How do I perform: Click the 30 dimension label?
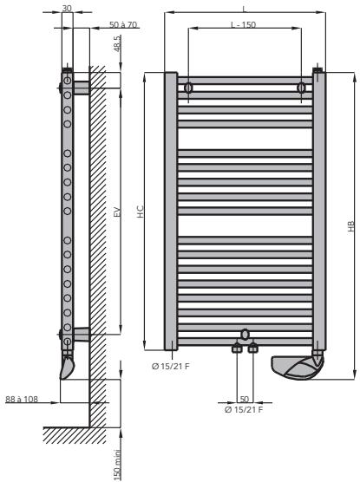pos(67,8)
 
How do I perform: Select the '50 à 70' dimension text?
pos(123,24)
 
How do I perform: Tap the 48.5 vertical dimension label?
pos(118,43)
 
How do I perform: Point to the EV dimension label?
pos(117,212)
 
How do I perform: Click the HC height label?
pos(141,212)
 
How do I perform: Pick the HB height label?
pos(351,226)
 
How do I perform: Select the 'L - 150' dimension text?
pos(244,24)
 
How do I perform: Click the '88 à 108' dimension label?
pos(22,399)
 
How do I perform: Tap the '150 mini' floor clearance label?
pos(117,465)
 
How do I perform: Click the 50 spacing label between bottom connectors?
pos(244,399)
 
